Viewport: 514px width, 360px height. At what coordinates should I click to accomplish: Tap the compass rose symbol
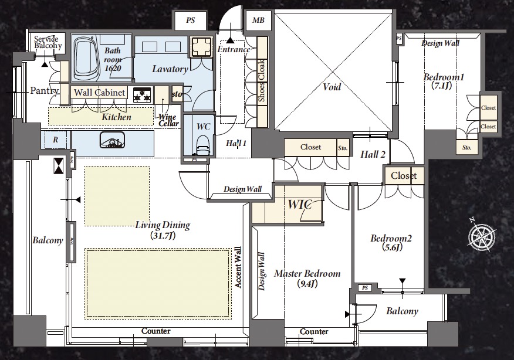(x=482, y=235)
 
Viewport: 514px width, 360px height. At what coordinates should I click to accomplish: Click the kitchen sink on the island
(x=112, y=140)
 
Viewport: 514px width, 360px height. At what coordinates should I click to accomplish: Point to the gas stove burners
(x=143, y=94)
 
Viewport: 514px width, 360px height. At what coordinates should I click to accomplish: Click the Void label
(x=332, y=87)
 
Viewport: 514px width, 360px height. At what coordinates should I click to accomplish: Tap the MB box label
(x=258, y=21)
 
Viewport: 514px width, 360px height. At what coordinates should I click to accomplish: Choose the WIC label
(x=300, y=205)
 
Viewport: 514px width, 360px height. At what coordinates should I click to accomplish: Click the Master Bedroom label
(x=307, y=278)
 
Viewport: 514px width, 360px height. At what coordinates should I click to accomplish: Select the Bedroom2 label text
(x=391, y=242)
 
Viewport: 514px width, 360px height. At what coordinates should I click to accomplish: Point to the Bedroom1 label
(x=444, y=81)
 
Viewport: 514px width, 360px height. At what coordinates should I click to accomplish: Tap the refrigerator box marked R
(x=55, y=140)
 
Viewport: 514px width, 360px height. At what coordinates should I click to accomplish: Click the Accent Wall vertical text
(x=238, y=267)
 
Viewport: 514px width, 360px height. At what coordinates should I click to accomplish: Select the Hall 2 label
(x=373, y=154)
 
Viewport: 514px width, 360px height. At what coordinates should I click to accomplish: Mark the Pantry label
(x=45, y=90)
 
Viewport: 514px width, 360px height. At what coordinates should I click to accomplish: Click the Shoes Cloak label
(x=261, y=81)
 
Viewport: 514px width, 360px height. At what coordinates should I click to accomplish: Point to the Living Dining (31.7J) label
(x=163, y=230)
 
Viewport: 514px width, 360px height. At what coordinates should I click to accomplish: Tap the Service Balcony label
(x=48, y=42)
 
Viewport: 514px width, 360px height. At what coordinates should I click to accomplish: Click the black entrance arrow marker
(x=231, y=40)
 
